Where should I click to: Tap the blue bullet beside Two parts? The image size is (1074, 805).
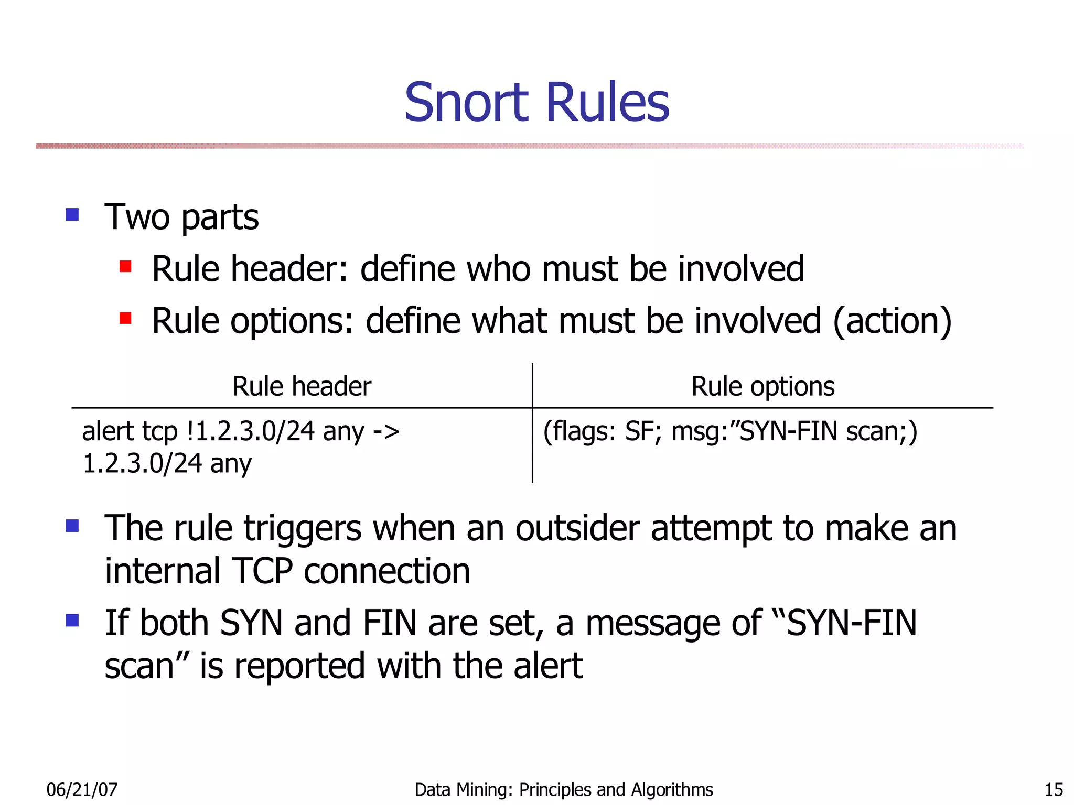coord(72,214)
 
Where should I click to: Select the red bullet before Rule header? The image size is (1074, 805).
coord(125,267)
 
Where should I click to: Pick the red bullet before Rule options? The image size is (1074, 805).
coord(125,318)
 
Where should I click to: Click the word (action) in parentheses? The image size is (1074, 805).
coord(892,321)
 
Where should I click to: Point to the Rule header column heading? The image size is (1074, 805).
coord(302,387)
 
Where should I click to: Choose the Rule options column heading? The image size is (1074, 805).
coord(762,387)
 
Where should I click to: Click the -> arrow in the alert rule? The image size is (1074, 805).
coord(386,432)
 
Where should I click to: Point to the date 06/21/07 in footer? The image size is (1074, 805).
coord(82,789)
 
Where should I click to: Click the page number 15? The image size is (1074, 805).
coord(1054,789)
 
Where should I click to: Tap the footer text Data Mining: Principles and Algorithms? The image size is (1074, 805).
coord(564,789)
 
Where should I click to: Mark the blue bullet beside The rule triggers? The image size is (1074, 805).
coord(72,526)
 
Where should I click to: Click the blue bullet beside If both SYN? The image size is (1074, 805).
coord(72,621)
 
